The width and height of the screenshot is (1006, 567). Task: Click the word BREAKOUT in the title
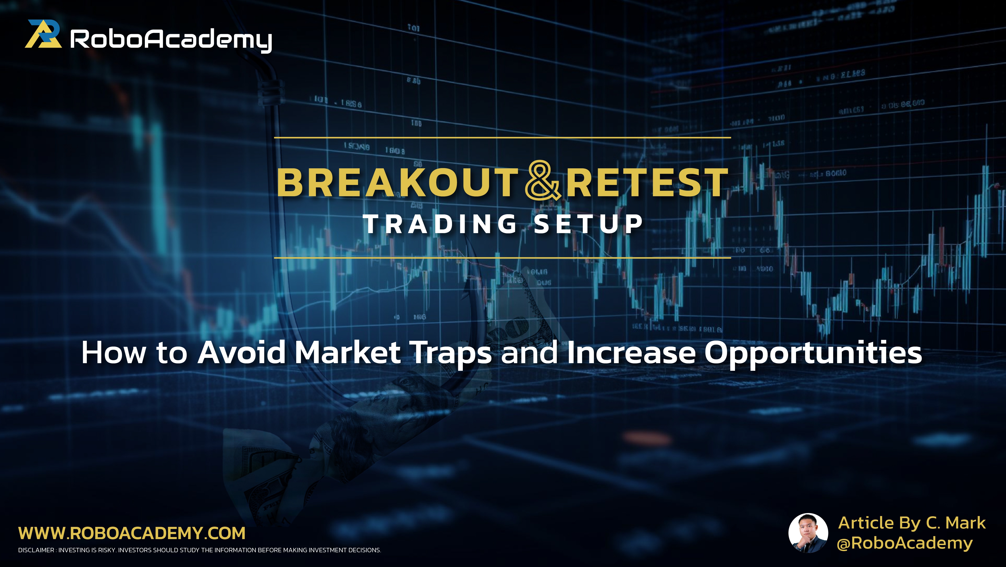398,183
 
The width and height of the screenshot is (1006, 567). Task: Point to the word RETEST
647,183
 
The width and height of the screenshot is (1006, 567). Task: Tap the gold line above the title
502,138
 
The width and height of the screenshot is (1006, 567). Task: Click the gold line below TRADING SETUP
502,258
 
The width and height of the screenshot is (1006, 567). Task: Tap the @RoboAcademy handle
904,543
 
